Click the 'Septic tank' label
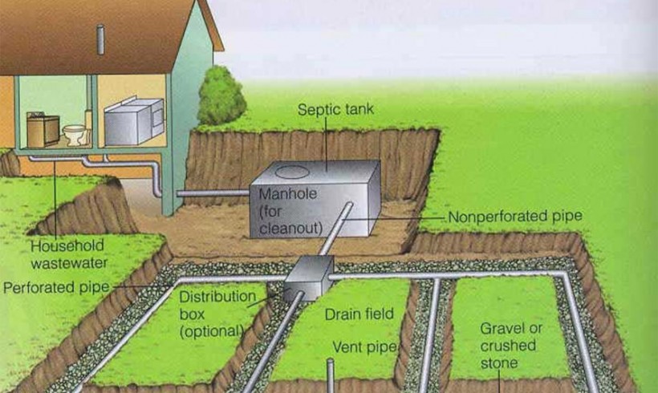click(335, 109)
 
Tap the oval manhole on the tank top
click(292, 172)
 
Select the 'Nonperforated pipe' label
click(515, 217)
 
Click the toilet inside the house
click(75, 134)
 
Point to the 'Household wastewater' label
click(69, 254)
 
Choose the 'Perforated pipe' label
click(56, 288)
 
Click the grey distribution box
click(308, 278)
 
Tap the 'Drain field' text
click(359, 314)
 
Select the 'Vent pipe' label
click(364, 347)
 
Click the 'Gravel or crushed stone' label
click(511, 346)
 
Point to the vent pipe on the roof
click(100, 39)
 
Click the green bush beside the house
click(221, 96)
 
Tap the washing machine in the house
click(134, 121)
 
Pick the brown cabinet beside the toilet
click(43, 130)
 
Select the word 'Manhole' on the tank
click(287, 194)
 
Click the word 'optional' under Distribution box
click(212, 331)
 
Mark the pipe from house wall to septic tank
click(213, 193)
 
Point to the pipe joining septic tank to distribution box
click(335, 229)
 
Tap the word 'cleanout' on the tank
click(290, 228)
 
